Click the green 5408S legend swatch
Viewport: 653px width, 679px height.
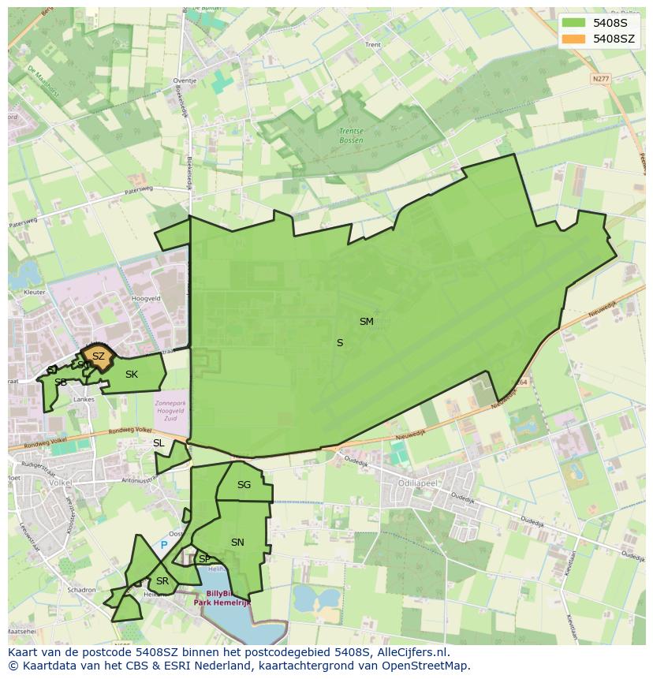click(x=575, y=24)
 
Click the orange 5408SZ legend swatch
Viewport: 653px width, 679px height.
click(x=575, y=39)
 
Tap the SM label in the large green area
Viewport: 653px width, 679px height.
click(x=366, y=322)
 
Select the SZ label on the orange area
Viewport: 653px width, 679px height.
click(x=98, y=356)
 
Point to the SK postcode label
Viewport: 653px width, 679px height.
click(x=132, y=375)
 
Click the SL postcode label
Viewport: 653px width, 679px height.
click(x=159, y=443)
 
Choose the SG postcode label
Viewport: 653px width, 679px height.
click(x=244, y=485)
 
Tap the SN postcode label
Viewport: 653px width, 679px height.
click(x=237, y=543)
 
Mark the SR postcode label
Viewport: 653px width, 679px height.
click(x=162, y=581)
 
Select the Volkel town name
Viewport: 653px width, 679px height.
click(x=60, y=483)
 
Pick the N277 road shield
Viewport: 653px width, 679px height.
click(x=601, y=79)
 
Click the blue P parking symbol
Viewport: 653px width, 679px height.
click(x=164, y=545)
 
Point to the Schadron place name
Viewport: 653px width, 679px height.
click(x=81, y=590)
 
